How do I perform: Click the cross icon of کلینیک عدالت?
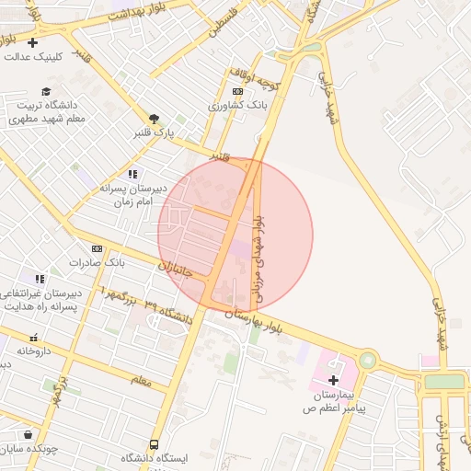click(33, 42)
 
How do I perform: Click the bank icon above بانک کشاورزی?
click(237, 92)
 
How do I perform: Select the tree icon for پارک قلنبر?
click(155, 119)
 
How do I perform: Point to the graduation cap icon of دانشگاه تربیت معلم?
click(46, 90)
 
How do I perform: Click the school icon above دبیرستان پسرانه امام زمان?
click(133, 173)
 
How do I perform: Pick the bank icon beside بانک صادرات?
click(97, 248)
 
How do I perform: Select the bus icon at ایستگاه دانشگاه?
click(154, 444)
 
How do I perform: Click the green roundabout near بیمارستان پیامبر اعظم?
click(368, 360)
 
